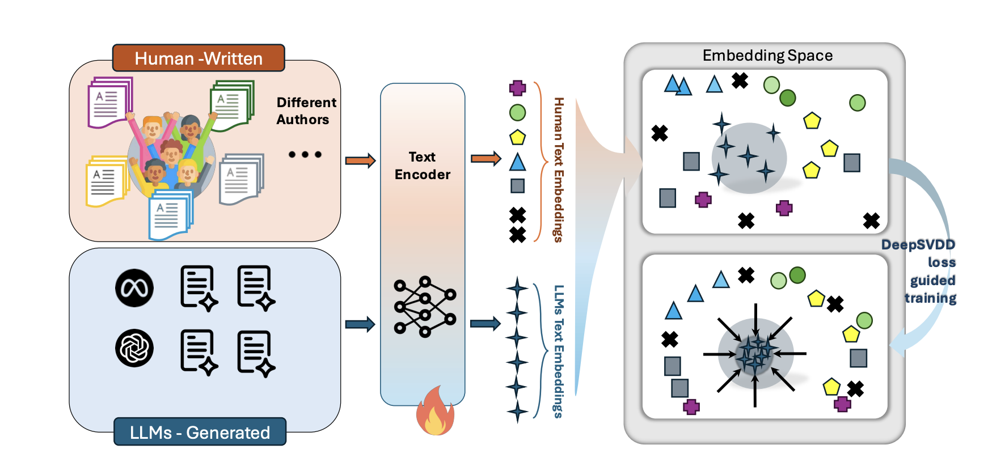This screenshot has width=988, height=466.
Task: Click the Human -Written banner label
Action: tap(199, 58)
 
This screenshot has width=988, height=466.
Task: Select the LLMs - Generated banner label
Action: tap(200, 432)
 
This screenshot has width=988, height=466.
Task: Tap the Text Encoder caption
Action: tap(423, 166)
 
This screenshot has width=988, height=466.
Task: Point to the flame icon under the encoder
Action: tap(435, 412)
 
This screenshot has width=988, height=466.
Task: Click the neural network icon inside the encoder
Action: tap(425, 307)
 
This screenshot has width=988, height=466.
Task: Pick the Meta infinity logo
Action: tap(134, 288)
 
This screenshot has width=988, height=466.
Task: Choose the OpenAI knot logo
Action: tap(134, 348)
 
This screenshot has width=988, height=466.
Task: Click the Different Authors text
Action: tap(306, 111)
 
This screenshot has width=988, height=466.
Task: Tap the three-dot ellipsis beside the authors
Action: tap(305, 154)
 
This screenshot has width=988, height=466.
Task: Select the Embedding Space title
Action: tap(767, 56)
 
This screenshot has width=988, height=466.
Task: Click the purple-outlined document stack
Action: tap(109, 102)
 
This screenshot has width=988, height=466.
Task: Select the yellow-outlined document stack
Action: tap(106, 181)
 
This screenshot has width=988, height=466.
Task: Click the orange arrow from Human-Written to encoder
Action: tap(360, 160)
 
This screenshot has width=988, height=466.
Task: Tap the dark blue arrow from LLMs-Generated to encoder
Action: tap(360, 324)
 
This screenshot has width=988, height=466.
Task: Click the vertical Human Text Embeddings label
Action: tap(559, 170)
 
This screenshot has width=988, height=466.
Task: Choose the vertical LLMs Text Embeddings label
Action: tap(559, 351)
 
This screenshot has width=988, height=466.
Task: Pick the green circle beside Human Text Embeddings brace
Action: tap(517, 113)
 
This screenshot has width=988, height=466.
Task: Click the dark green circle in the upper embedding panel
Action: tap(788, 98)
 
